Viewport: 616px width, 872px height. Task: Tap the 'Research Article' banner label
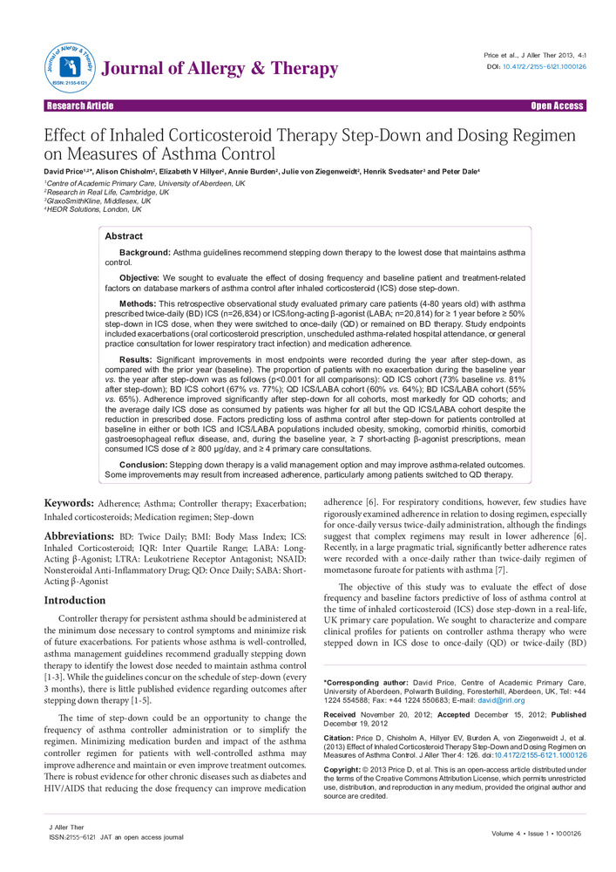tap(80, 106)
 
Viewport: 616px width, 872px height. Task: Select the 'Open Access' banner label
tap(558, 106)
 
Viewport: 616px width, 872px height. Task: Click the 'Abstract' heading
tap(125, 236)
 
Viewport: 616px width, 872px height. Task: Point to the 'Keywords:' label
tap(71, 504)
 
